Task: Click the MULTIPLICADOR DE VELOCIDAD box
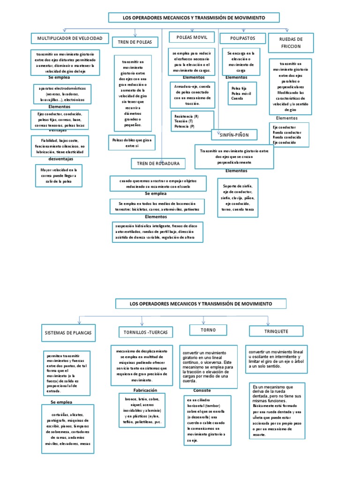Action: [70, 38]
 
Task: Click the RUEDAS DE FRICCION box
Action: [291, 43]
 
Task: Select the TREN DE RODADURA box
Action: [158, 163]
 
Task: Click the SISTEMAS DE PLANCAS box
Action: [68, 334]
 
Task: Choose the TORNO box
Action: [208, 330]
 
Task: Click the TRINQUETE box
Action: [269, 331]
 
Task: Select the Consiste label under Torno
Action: [202, 390]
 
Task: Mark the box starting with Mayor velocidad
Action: [58, 175]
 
